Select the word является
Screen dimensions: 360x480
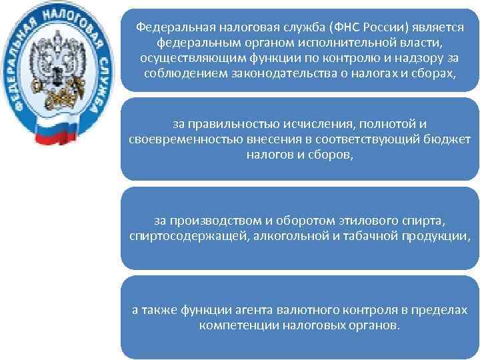click(431, 28)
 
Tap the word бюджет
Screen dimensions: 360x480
click(445, 139)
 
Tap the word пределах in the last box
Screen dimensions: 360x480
click(439, 310)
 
